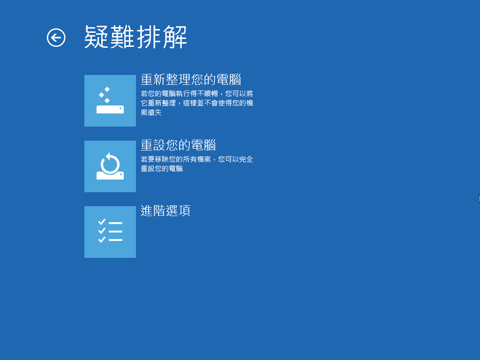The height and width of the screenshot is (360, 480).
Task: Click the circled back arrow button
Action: (56, 37)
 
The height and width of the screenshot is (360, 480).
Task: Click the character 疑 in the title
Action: (97, 37)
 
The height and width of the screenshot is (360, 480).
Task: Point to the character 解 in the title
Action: (175, 37)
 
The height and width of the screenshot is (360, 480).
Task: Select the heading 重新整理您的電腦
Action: (191, 80)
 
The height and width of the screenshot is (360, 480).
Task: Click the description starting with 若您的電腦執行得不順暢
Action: (197, 103)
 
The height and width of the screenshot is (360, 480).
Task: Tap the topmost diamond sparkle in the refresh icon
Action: (107, 90)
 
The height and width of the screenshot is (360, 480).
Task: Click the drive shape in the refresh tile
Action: (110, 109)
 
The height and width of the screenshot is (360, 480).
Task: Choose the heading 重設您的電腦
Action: (178, 145)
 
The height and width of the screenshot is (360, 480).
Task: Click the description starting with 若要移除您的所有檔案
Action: (197, 164)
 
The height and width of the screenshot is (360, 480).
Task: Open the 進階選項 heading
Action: (165, 211)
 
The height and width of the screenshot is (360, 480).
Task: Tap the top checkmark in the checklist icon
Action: (102, 222)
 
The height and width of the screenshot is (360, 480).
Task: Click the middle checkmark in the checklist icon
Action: (102, 231)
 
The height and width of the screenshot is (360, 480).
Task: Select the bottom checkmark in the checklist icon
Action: (102, 240)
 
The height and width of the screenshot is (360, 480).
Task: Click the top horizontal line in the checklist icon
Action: (115, 223)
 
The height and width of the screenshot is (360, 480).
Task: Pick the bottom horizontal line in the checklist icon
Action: (115, 240)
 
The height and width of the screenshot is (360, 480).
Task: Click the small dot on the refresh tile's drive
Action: (120, 108)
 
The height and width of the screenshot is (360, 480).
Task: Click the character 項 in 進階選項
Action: (185, 211)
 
